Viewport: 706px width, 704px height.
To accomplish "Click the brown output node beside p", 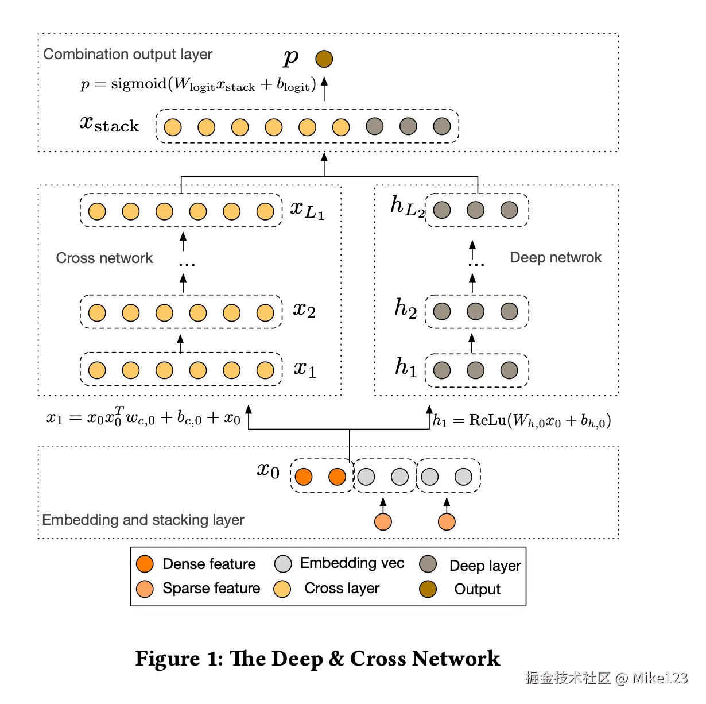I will click(x=324, y=59).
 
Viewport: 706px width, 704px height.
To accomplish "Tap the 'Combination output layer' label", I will click(x=127, y=54).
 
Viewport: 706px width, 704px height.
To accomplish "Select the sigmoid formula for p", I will click(x=199, y=84).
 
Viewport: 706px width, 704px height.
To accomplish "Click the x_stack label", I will click(x=109, y=124).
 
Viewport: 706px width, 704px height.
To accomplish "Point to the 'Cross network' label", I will click(x=104, y=258).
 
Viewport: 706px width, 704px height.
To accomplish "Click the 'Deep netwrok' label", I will click(x=555, y=257).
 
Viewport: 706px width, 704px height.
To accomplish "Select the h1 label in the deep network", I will click(x=406, y=367).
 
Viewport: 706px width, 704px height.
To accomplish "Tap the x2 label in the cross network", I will click(x=304, y=310).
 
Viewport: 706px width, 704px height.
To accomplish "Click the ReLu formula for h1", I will click(x=522, y=420).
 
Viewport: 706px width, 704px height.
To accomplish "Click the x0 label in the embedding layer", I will click(x=268, y=471).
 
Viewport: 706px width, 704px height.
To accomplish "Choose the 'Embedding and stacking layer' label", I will click(x=143, y=520).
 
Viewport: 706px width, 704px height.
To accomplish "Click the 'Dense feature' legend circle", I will click(x=145, y=564).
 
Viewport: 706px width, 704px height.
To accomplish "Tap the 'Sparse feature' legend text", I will click(x=211, y=588).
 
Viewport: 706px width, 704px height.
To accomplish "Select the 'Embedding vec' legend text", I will click(x=352, y=563).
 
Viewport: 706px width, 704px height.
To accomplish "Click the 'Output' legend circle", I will click(x=428, y=589).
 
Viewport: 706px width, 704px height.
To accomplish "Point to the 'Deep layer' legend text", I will click(x=485, y=566).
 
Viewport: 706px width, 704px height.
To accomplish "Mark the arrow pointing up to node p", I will click(x=324, y=88).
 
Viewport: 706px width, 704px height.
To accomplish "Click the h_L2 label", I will click(x=407, y=206).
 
